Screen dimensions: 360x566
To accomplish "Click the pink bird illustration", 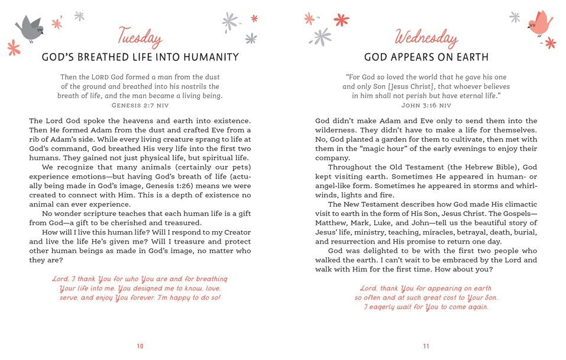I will click(539, 24).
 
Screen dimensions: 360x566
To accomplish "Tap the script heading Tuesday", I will click(140, 38).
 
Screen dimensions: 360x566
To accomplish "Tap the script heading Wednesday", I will click(426, 38).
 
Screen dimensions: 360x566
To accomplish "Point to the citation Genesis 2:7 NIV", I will click(140, 105).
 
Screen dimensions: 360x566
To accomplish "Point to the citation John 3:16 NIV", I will click(426, 105).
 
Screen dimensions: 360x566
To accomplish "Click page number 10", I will click(140, 346).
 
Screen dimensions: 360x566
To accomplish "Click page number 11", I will click(426, 346).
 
